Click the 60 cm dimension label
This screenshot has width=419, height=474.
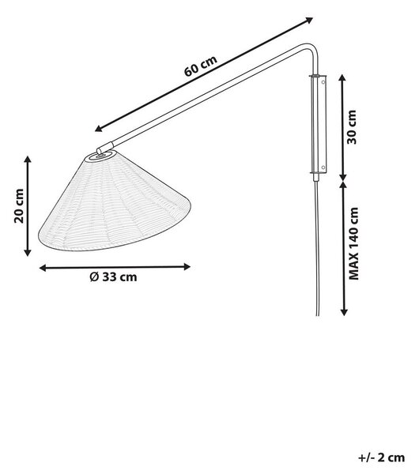pos(201,66)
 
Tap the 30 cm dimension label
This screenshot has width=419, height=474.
pos(352,127)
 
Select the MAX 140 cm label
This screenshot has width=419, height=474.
pos(353,243)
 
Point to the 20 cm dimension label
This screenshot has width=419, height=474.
pos(19,206)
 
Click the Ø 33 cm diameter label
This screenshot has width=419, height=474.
pos(114,277)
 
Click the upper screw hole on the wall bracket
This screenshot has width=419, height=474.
pos(323,81)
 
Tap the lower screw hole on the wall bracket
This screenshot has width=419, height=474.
pos(323,167)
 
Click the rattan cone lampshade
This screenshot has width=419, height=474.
pos(114,201)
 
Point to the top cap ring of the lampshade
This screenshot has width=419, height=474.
pos(100,156)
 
